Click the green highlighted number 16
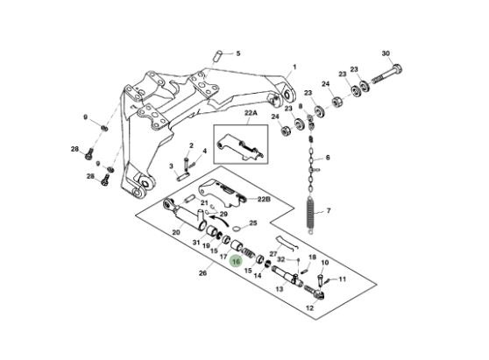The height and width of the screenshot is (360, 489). (x=236, y=261)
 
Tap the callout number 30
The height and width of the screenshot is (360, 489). (x=386, y=53)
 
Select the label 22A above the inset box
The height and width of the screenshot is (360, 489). (x=251, y=113)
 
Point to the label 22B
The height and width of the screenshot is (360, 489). (x=264, y=199)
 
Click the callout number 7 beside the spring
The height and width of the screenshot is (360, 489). (x=329, y=211)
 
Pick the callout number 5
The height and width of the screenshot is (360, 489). (x=238, y=53)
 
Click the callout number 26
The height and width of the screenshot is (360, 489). (x=202, y=273)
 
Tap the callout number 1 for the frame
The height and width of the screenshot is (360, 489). (x=294, y=67)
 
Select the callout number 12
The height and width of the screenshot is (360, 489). (x=309, y=308)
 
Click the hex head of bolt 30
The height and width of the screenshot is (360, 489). (x=397, y=68)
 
